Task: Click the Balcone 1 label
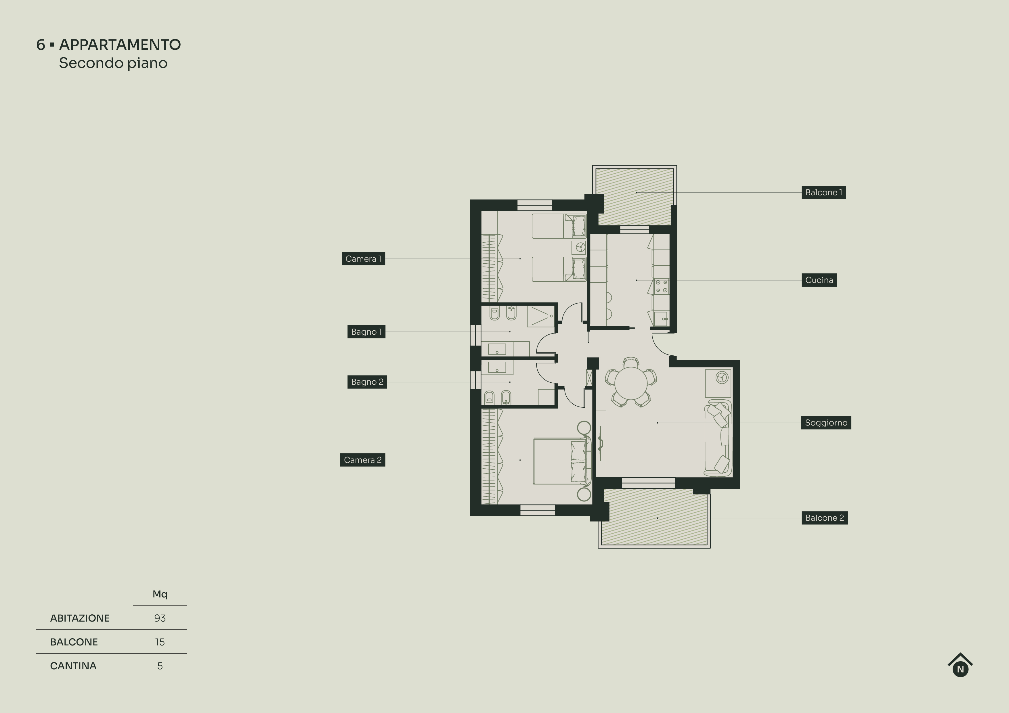[x=823, y=192]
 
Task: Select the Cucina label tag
[x=819, y=280]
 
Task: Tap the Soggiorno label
[x=826, y=423]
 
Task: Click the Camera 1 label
[x=363, y=259]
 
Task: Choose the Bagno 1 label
[x=366, y=332]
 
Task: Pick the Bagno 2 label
[x=367, y=382]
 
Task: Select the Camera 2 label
[x=362, y=460]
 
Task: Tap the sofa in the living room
[x=718, y=438]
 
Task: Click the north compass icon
[x=960, y=666]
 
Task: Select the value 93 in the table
[x=160, y=618]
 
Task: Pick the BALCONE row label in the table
[x=74, y=642]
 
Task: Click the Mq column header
[x=160, y=594]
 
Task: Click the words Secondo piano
[x=113, y=63]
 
